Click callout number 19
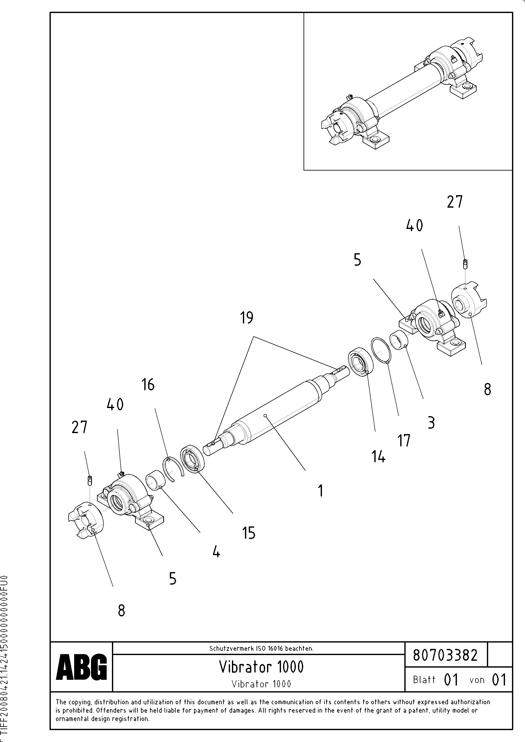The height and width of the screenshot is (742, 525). point(247,318)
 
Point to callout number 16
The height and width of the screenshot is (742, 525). point(148,385)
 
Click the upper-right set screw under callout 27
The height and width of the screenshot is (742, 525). point(465,264)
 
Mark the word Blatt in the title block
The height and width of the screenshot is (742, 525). point(424,680)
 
